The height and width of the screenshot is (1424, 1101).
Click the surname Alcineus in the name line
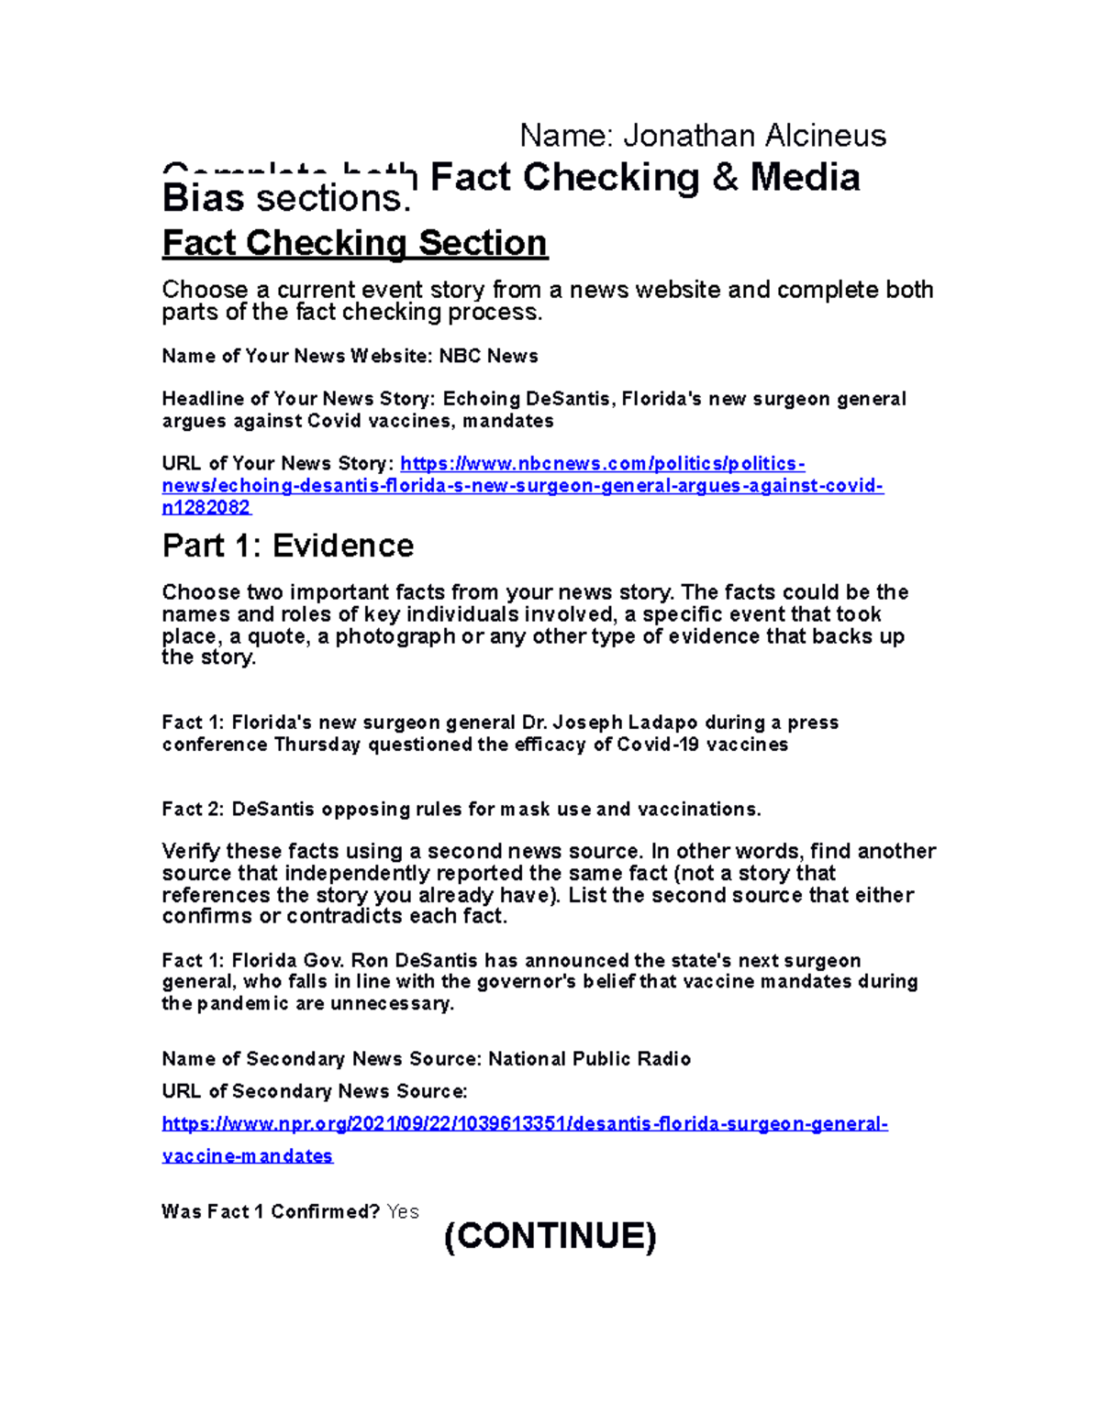(x=825, y=136)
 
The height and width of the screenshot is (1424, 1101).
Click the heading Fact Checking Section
(x=354, y=243)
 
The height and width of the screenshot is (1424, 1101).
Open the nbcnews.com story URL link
(x=522, y=485)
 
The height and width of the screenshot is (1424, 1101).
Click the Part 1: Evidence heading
(x=287, y=546)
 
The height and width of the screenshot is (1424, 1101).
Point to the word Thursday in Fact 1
(x=317, y=745)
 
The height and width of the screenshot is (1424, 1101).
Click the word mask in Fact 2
(x=524, y=809)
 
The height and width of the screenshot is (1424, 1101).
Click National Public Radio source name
(x=589, y=1059)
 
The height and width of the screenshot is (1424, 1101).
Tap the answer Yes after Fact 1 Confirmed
(x=403, y=1211)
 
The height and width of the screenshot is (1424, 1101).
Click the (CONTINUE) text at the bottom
(x=550, y=1236)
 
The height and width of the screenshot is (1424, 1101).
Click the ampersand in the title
(x=725, y=177)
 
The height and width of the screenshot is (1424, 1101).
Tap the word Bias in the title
(x=203, y=198)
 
